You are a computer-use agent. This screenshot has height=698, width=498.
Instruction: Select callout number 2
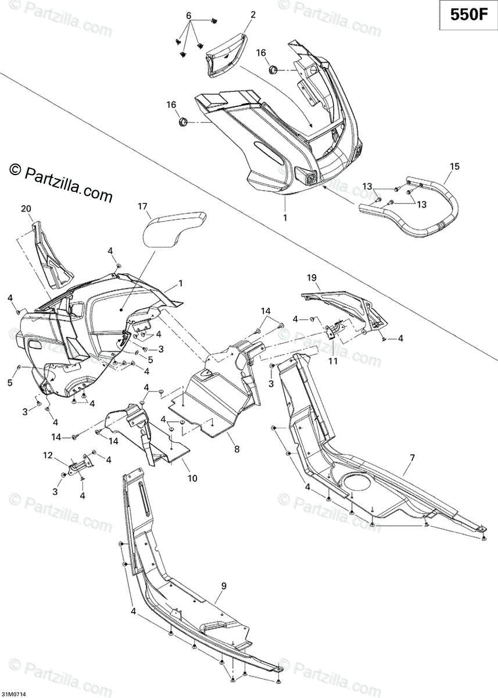254,13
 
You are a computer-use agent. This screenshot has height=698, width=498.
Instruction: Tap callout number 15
454,167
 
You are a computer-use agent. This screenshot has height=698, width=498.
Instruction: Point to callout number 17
143,206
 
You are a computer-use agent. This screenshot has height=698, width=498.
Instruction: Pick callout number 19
312,278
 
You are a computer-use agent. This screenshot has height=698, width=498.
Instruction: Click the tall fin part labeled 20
54,256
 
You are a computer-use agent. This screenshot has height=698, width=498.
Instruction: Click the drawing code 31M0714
17,694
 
